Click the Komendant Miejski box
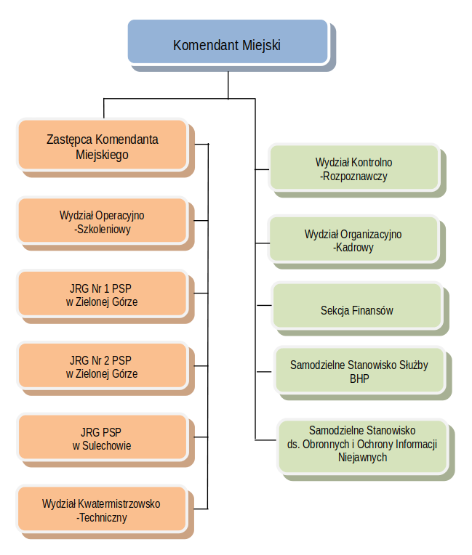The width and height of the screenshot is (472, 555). pyautogui.click(x=227, y=44)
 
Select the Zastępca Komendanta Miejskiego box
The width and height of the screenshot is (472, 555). pyautogui.click(x=102, y=146)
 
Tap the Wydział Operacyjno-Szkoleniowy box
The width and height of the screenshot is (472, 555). pyautogui.click(x=102, y=222)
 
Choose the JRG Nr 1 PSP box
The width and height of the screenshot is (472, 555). pyautogui.click(x=102, y=294)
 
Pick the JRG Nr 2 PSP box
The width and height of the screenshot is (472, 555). pyautogui.click(x=102, y=367)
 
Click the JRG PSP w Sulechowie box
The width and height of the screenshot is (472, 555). pyautogui.click(x=102, y=439)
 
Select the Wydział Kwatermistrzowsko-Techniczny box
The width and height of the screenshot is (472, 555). pyautogui.click(x=102, y=511)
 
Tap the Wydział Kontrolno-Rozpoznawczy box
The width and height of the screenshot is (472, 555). pyautogui.click(x=354, y=169)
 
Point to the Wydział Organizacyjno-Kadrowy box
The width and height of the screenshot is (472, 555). pyautogui.click(x=353, y=240)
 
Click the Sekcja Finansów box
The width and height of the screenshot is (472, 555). pyautogui.click(x=356, y=310)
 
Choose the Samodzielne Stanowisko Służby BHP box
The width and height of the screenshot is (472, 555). pyautogui.click(x=359, y=371)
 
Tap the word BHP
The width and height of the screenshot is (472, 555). pyautogui.click(x=360, y=378)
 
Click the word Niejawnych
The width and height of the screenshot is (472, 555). pyautogui.click(x=362, y=458)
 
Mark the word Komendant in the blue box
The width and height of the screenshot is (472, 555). pyautogui.click(x=204, y=45)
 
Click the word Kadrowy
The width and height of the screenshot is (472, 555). pyautogui.click(x=354, y=248)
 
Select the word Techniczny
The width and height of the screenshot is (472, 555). pyautogui.click(x=103, y=518)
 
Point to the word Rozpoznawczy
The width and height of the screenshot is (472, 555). pyautogui.click(x=356, y=176)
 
